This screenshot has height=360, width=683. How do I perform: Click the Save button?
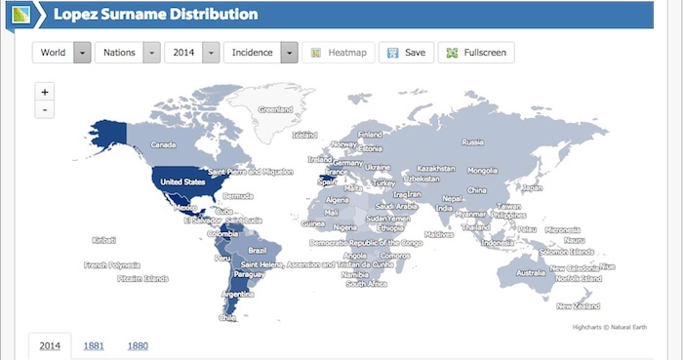click(x=405, y=53)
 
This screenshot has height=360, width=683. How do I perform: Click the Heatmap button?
click(x=337, y=53)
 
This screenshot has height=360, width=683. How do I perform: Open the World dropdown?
click(x=62, y=53)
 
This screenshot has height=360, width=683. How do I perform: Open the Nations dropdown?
click(x=127, y=53)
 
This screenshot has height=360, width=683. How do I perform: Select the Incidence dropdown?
click(x=260, y=53)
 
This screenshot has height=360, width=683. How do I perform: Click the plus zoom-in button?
click(x=45, y=92)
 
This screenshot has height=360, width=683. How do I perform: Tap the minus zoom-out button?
click(x=45, y=109)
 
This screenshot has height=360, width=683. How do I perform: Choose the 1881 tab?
click(x=95, y=344)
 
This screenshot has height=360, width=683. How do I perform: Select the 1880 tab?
click(x=138, y=344)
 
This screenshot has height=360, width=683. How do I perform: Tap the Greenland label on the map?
click(x=275, y=109)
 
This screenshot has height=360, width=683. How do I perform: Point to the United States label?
click(x=182, y=182)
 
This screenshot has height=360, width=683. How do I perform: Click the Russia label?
click(x=473, y=142)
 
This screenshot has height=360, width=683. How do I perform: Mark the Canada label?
click(x=163, y=145)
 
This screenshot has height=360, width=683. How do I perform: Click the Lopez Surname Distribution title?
click(x=156, y=15)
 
